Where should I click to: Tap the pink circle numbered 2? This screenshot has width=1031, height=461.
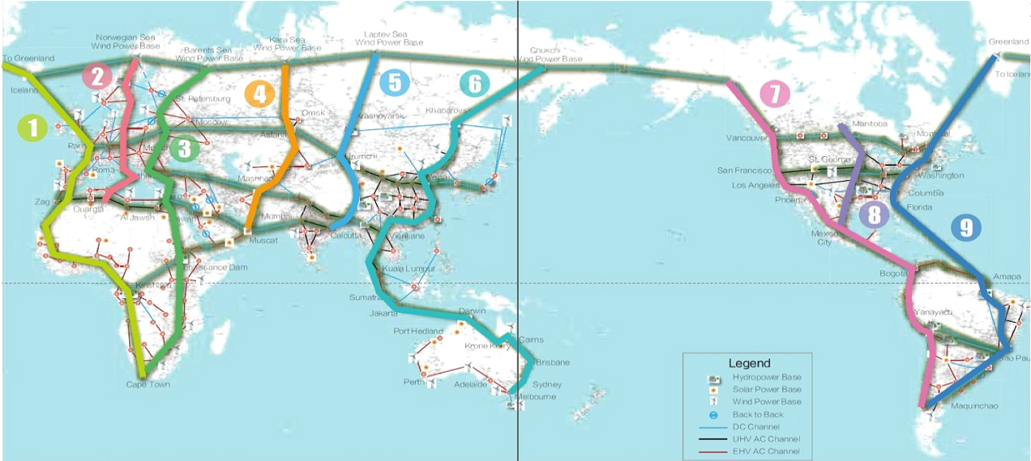tap(97, 76)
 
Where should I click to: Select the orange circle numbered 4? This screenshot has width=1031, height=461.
tap(259, 94)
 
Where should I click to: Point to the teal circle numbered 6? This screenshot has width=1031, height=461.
tap(475, 83)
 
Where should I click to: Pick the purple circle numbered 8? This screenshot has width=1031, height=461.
tap(874, 215)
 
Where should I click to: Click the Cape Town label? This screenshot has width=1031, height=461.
tap(148, 385)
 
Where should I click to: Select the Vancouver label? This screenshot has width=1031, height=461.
tap(746, 138)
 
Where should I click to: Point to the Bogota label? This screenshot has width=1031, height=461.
tap(893, 274)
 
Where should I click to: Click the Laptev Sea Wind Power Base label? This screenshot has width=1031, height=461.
tap(389, 39)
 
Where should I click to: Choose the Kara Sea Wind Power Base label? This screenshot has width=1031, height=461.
tap(287, 44)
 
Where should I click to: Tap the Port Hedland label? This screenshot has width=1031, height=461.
tap(418, 332)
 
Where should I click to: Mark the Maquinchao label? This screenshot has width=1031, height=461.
tap(974, 406)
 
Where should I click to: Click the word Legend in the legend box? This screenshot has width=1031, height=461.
tap(749, 363)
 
